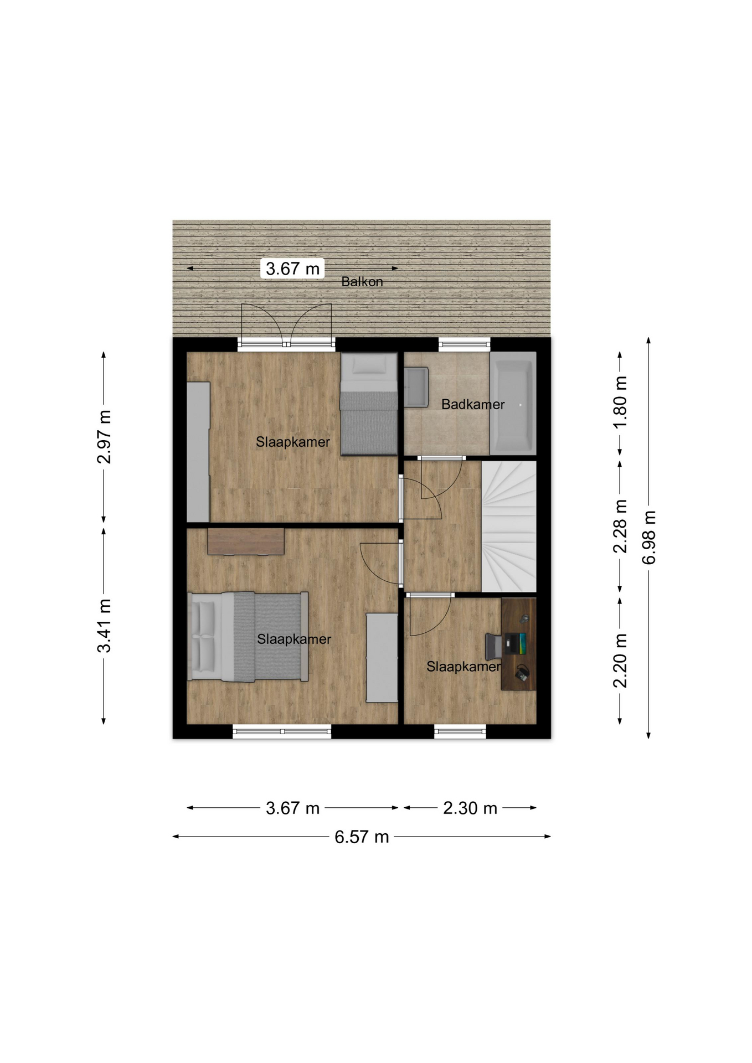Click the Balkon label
point(362,282)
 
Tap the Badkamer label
point(473,405)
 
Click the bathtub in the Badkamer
point(513,404)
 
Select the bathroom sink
point(416,387)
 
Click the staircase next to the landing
point(508,526)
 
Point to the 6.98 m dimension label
point(649,538)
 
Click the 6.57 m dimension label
point(362,837)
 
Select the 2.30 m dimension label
point(470,808)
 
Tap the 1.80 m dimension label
point(620,401)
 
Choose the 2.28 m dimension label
point(620,526)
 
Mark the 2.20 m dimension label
point(620,660)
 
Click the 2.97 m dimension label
point(104,437)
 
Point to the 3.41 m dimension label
point(104,626)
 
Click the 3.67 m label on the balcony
point(292,269)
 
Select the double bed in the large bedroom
point(248,636)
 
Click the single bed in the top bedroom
point(369,404)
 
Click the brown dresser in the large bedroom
point(246,541)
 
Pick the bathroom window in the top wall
point(464,344)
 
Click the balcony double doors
point(286,327)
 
